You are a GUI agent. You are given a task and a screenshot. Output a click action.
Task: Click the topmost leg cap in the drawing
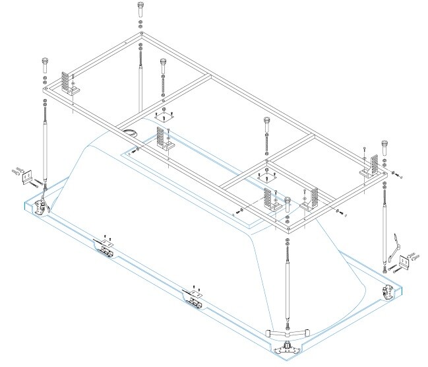tap(141, 9)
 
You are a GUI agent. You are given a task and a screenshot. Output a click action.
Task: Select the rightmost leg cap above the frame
tap(386, 144)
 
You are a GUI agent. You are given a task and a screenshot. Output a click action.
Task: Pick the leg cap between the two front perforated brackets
tap(289, 201)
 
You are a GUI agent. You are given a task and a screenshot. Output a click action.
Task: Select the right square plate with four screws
tap(264, 176)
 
